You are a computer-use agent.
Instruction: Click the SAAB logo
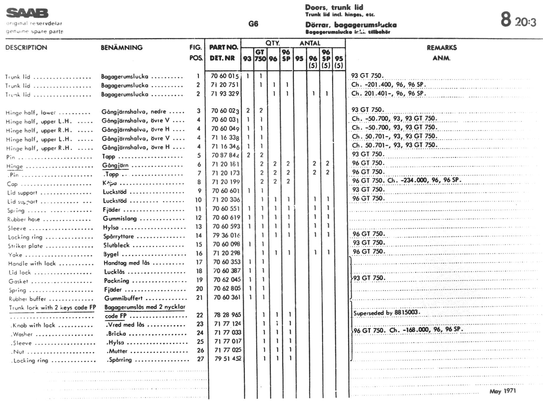click(x=27, y=13)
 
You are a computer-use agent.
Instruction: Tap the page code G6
click(x=253, y=24)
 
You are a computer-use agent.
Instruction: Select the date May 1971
click(x=503, y=391)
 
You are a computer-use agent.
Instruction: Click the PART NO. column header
click(x=223, y=47)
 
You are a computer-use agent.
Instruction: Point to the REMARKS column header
click(x=441, y=48)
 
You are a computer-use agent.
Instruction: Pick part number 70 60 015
click(x=225, y=76)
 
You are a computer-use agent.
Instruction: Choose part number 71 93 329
click(x=225, y=94)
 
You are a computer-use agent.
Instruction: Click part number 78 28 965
click(x=227, y=315)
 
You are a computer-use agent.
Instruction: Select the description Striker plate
click(x=25, y=246)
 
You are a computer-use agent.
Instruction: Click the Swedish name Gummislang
click(x=120, y=219)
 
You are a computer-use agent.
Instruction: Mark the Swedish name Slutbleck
click(x=117, y=245)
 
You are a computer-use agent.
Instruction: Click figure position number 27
click(x=200, y=359)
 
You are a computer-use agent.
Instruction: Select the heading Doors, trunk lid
click(x=334, y=7)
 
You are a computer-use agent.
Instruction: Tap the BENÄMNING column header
click(x=122, y=47)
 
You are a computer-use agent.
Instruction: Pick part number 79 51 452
click(x=228, y=359)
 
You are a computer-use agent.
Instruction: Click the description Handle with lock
click(x=32, y=264)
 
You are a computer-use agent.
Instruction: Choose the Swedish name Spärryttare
click(x=118, y=236)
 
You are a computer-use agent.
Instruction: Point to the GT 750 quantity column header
click(x=260, y=55)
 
